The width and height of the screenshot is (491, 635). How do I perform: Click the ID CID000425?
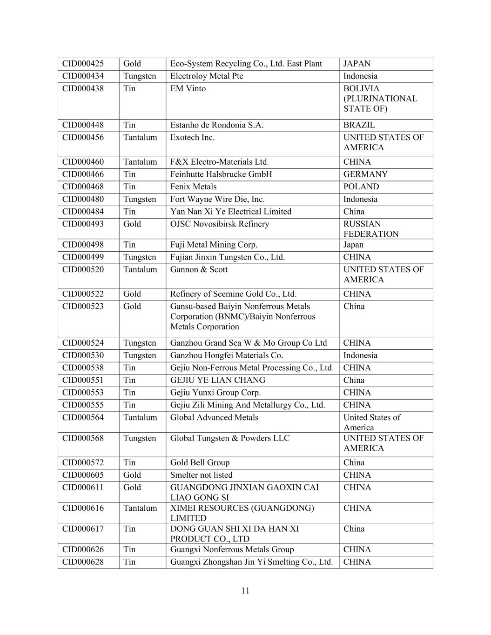tap(83, 64)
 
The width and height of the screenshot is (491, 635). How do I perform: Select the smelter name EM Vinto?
tap(188, 89)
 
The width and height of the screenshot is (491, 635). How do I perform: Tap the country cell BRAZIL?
tap(359, 125)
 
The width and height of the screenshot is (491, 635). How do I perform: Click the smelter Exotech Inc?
tap(192, 138)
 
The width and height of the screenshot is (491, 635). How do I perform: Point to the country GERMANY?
tap(365, 174)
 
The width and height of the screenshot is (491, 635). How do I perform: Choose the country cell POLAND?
tap(361, 187)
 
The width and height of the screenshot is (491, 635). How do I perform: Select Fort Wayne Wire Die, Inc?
tap(217, 199)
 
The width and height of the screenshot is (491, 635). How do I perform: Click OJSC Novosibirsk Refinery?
tap(220, 224)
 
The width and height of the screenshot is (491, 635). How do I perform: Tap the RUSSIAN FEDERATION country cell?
tap(371, 229)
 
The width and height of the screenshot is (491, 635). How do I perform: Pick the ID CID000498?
tap(83, 245)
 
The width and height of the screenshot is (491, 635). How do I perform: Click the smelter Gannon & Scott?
tap(199, 270)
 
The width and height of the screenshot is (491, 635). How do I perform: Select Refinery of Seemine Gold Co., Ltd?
tap(233, 294)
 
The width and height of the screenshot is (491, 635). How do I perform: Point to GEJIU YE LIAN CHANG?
tap(218, 380)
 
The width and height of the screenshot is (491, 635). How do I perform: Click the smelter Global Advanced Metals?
tap(214, 418)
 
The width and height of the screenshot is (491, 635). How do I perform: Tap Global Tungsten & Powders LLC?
tap(229, 438)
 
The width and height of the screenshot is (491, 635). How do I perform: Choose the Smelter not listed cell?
tap(201, 475)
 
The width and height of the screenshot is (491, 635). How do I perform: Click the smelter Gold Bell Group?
tap(200, 463)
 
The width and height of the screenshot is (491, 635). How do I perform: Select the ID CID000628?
tap(83, 562)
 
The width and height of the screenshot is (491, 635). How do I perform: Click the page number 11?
tap(246, 591)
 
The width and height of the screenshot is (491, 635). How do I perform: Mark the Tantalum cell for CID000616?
tap(140, 508)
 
